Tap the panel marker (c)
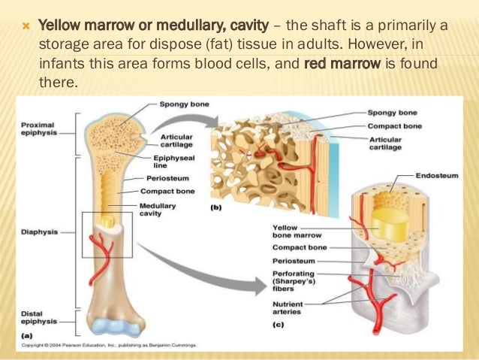click(x=277, y=325)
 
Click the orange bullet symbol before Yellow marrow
click(x=26, y=27)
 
